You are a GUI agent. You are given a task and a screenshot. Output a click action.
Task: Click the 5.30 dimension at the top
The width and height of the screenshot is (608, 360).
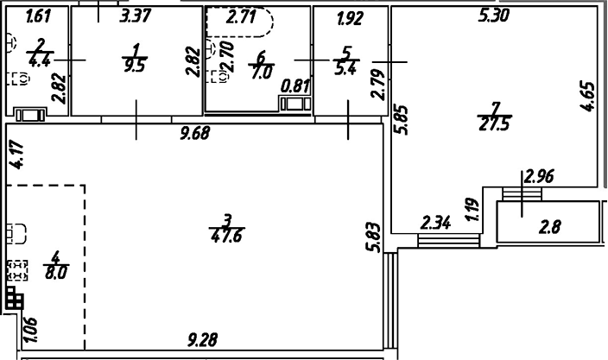pos(497,15)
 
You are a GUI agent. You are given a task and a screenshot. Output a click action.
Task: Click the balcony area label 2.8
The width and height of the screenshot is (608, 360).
pos(550,229)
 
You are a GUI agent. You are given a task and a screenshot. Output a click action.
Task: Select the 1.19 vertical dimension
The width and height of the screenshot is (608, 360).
pos(472,210)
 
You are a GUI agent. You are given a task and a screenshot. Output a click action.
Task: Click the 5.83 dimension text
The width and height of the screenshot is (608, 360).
pos(372,237)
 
